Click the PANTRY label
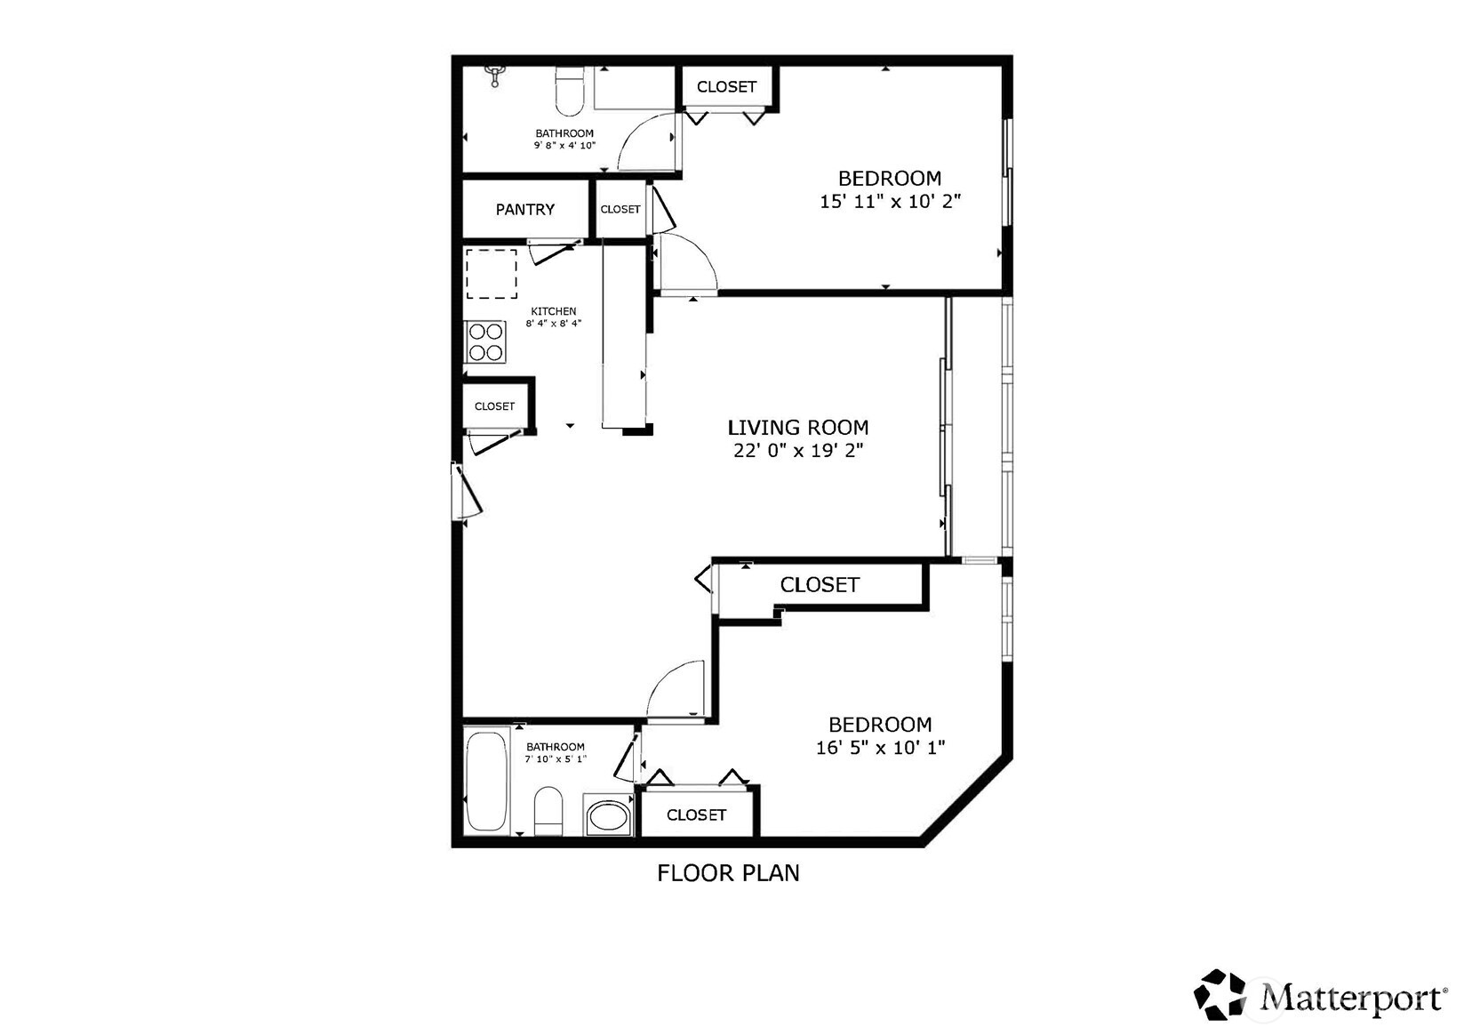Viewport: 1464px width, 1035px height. [524, 210]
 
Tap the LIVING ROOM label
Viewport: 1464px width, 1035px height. [797, 428]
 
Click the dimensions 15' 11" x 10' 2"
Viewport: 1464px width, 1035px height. [890, 202]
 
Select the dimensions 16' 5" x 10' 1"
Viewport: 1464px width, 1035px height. [880, 748]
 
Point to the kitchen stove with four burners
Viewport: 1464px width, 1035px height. [486, 342]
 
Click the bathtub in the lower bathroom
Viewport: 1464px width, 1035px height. [486, 782]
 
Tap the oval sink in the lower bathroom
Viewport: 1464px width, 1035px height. [608, 816]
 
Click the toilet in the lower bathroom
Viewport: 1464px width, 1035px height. [548, 811]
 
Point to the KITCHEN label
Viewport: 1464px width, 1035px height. [554, 311]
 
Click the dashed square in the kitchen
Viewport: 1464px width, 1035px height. [492, 274]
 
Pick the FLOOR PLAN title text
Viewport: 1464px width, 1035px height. [728, 873]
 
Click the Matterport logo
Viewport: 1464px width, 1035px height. [1320, 995]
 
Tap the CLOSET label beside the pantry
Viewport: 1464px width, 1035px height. [620, 210]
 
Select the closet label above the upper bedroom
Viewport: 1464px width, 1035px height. [726, 87]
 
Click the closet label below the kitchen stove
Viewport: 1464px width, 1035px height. [494, 406]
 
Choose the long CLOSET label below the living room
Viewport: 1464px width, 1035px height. [819, 585]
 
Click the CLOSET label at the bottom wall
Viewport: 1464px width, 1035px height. [696, 815]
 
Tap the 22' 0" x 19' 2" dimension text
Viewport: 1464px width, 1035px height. [797, 451]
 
